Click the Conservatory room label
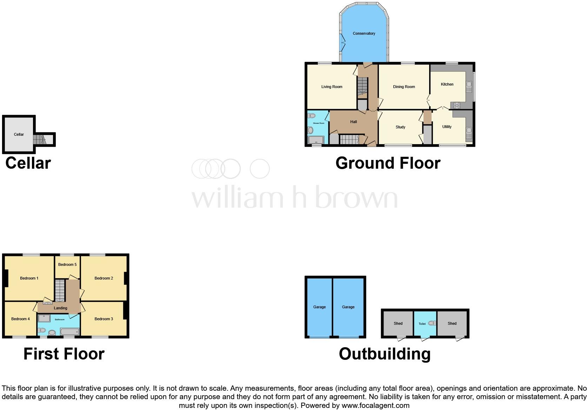point(364,33)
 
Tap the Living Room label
point(332,87)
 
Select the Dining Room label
point(404,87)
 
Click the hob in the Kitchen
point(456,105)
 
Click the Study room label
point(400,127)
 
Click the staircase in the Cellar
point(39,140)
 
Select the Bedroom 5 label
point(67,264)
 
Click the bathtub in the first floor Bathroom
point(69,331)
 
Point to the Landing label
point(60,308)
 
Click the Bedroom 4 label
point(20,319)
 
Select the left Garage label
point(319,307)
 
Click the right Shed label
point(452,323)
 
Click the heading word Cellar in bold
point(28,163)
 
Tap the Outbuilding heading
point(385,354)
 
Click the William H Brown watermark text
point(294,197)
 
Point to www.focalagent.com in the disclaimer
point(375,405)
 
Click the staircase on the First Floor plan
point(60,290)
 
